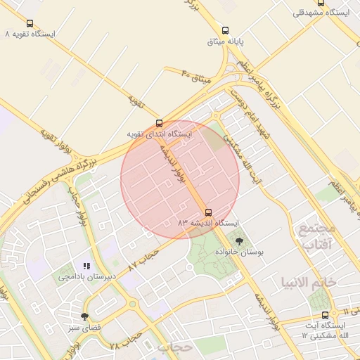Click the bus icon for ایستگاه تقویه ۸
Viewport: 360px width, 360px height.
(x=30, y=23)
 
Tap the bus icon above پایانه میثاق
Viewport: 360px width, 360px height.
(x=225, y=30)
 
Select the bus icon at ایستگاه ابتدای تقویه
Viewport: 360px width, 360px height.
(x=159, y=123)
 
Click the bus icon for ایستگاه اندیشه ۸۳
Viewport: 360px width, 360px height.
(x=207, y=212)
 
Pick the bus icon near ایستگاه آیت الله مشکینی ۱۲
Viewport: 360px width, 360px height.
(x=325, y=315)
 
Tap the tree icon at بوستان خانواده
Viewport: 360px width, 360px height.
(x=239, y=241)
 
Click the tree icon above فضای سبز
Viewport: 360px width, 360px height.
(x=85, y=316)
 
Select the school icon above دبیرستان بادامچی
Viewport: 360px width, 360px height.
(x=86, y=266)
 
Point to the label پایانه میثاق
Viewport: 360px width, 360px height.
(x=225, y=41)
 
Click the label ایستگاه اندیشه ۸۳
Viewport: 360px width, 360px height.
(x=208, y=223)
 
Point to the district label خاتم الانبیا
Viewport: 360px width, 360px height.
(x=309, y=282)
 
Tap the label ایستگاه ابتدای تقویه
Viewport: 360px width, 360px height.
(x=159, y=134)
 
